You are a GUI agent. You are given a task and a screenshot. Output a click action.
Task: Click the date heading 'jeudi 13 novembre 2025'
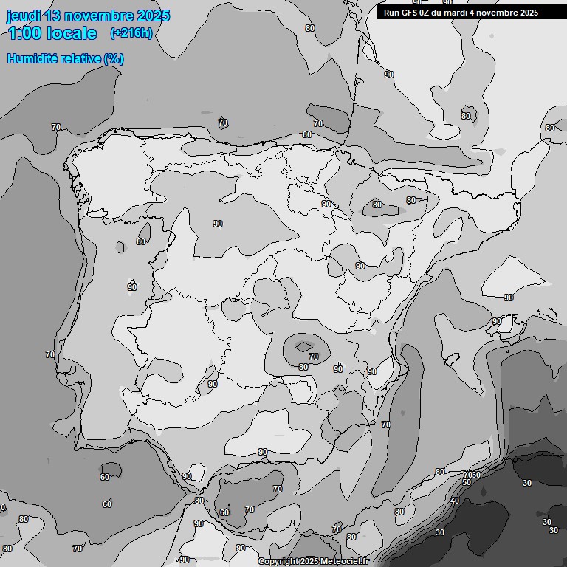[88, 16]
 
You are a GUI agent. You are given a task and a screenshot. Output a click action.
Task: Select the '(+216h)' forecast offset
[131, 33]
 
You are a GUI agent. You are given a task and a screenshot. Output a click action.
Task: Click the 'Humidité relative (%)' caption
[66, 58]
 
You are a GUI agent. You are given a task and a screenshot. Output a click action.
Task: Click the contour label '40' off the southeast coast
[455, 501]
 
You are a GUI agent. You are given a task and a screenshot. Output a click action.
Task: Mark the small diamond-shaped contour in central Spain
[303, 346]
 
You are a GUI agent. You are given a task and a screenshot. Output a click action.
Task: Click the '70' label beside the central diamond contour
[314, 357]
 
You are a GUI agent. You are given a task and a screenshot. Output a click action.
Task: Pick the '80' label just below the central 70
[303, 367]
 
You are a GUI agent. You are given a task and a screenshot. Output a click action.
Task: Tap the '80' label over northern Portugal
[141, 241]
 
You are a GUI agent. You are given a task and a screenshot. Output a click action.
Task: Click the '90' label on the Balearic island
[497, 321]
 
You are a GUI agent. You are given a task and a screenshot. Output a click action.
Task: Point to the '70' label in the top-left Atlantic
[56, 127]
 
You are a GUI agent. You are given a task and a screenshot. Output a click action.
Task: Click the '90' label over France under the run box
[388, 75]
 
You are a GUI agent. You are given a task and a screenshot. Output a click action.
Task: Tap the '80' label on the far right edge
[549, 128]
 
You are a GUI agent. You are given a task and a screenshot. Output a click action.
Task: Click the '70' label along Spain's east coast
[385, 425]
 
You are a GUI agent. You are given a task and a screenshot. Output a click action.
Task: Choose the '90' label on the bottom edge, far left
[185, 560]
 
